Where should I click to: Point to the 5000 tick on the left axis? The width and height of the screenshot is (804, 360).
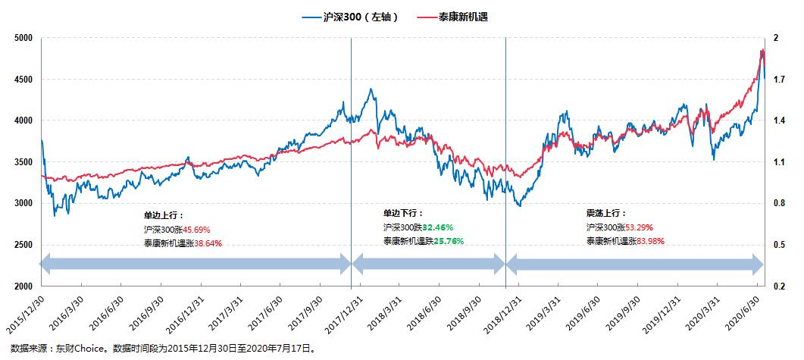[22, 38]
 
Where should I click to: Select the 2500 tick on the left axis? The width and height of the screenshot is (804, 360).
[22, 245]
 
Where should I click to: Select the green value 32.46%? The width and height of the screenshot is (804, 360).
[436, 227]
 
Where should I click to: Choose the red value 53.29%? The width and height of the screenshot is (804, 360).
[637, 227]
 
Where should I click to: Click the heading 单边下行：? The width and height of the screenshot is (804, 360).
[403, 214]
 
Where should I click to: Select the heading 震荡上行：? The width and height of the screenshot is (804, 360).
[606, 214]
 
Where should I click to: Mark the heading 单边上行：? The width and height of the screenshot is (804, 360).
[163, 215]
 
